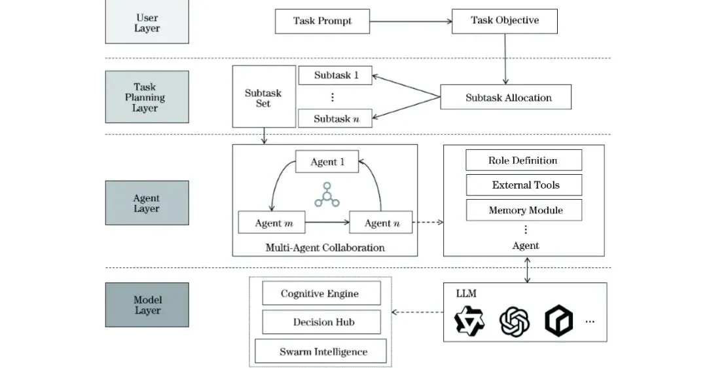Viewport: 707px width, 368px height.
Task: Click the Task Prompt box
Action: (x=322, y=21)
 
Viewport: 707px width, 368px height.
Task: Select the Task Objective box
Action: (x=505, y=21)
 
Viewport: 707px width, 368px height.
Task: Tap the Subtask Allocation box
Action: (x=505, y=97)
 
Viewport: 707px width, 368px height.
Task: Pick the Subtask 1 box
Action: (x=335, y=75)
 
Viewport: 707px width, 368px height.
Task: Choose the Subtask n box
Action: (x=335, y=119)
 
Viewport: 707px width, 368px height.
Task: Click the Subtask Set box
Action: (x=264, y=96)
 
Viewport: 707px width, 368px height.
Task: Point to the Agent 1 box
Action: (x=327, y=162)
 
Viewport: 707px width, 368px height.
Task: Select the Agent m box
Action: (x=272, y=223)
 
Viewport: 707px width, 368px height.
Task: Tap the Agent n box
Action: (x=381, y=223)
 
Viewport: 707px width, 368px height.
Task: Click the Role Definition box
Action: (x=524, y=160)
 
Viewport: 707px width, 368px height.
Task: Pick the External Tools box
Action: (x=524, y=185)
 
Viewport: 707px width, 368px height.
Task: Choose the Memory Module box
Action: (x=524, y=210)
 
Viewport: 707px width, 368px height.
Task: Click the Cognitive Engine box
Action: (x=321, y=293)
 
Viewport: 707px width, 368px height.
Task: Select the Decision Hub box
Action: (x=321, y=322)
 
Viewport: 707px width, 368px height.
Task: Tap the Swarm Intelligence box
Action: (x=321, y=351)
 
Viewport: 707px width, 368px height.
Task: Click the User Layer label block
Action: (x=147, y=22)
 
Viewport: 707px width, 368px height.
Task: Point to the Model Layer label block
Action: (x=147, y=305)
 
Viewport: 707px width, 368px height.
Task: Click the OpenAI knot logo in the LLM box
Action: (x=515, y=321)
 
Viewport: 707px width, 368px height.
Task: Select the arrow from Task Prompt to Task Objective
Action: (x=410, y=21)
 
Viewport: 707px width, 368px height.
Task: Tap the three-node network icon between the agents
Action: (x=327, y=195)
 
